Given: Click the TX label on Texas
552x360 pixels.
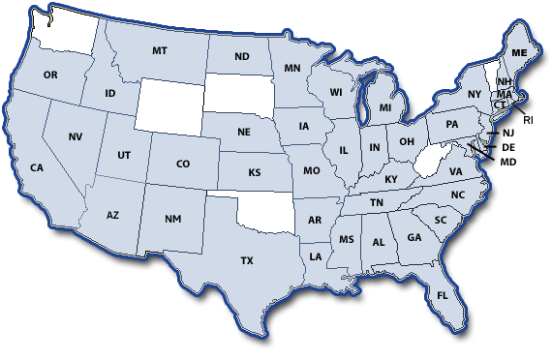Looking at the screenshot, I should click(246, 260).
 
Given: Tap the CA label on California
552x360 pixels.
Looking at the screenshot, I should click(37, 167).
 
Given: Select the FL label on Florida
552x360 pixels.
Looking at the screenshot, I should click(443, 295).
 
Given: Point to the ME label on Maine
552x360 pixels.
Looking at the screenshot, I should click(519, 52).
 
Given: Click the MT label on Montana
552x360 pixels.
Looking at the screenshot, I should click(161, 50).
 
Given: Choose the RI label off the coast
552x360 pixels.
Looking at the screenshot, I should click(528, 120).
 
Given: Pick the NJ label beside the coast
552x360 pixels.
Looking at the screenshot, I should click(508, 134).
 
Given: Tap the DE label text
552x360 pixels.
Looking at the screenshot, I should click(508, 147).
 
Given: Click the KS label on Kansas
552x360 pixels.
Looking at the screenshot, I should click(255, 173).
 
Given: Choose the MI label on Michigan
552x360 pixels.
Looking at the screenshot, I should click(385, 108).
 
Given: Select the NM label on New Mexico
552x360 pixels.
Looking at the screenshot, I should click(172, 220).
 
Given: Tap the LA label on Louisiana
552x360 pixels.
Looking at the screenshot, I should click(316, 256).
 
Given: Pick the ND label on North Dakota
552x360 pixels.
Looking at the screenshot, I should click(241, 56).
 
